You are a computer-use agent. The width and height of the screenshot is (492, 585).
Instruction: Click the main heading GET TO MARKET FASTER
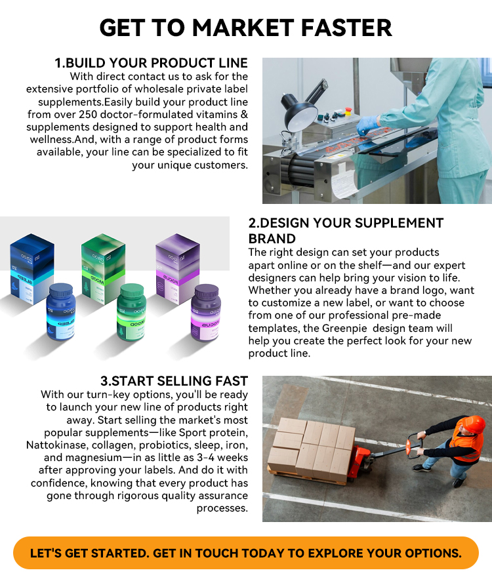(x=246, y=28)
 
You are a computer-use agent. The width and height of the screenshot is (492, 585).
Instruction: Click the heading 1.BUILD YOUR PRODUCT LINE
(x=151, y=63)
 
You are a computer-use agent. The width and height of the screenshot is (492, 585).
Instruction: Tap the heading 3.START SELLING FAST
(x=174, y=381)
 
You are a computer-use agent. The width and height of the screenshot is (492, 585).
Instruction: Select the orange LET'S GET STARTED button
(x=246, y=553)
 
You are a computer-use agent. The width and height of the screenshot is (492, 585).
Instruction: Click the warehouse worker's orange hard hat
(x=474, y=424)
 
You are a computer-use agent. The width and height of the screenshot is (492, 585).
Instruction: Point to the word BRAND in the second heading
(x=272, y=239)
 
